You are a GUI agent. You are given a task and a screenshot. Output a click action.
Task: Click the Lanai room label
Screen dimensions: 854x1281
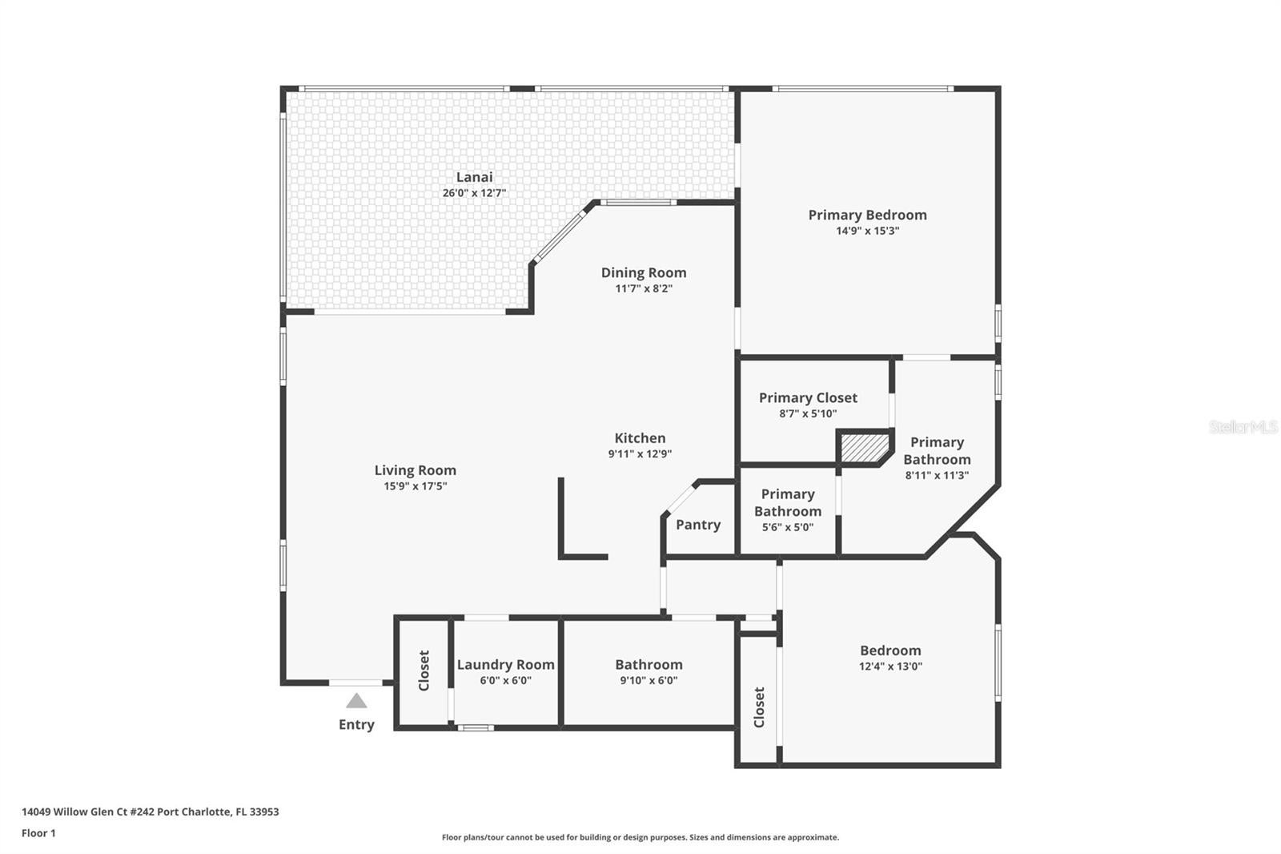(474, 177)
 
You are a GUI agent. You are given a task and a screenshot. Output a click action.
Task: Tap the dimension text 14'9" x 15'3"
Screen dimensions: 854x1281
(867, 231)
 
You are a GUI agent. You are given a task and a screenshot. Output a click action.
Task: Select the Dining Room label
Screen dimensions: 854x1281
(644, 272)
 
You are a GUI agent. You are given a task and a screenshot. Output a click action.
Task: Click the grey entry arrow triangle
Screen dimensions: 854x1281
(356, 702)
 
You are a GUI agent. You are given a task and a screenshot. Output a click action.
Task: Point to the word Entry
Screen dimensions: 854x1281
(356, 724)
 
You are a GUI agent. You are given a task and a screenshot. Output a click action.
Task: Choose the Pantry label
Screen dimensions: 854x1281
(698, 525)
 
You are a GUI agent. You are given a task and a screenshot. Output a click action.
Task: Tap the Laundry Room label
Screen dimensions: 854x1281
(505, 664)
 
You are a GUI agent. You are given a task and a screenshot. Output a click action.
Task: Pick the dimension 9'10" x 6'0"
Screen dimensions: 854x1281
(649, 680)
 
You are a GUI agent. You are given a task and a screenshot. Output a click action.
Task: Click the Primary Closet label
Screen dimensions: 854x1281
(808, 397)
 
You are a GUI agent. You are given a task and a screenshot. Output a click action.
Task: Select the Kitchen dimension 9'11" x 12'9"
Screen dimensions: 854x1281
(640, 453)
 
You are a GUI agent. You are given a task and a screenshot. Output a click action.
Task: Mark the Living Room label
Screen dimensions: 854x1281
(415, 470)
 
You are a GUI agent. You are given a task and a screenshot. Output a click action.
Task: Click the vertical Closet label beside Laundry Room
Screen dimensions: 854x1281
(424, 671)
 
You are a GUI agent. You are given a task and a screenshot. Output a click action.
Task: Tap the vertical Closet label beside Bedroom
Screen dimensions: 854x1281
(759, 707)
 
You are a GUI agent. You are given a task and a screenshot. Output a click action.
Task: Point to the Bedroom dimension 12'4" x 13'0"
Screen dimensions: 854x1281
(890, 666)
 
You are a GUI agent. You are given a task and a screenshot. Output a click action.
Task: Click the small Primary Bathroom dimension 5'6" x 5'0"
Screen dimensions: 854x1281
(787, 527)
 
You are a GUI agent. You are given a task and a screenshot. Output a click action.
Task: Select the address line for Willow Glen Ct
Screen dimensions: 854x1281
(151, 812)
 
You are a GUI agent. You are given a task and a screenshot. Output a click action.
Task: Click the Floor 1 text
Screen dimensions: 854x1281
(38, 833)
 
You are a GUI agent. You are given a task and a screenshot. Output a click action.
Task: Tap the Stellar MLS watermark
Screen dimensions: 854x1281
(1243, 427)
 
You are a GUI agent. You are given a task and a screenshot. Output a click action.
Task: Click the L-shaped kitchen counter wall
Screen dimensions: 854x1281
(562, 529)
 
